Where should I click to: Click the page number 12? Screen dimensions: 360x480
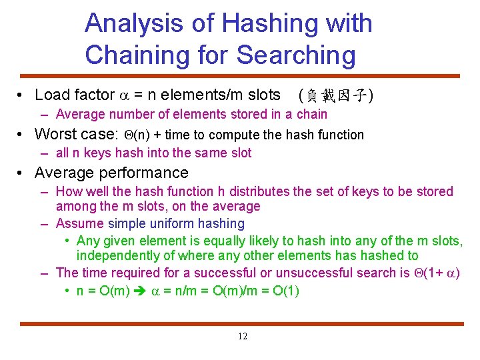pos(242,336)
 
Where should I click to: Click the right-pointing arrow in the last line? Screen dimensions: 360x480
pos(142,291)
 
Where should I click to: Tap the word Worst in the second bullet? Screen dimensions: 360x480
pos(57,134)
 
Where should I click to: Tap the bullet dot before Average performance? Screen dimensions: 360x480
pos(21,173)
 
